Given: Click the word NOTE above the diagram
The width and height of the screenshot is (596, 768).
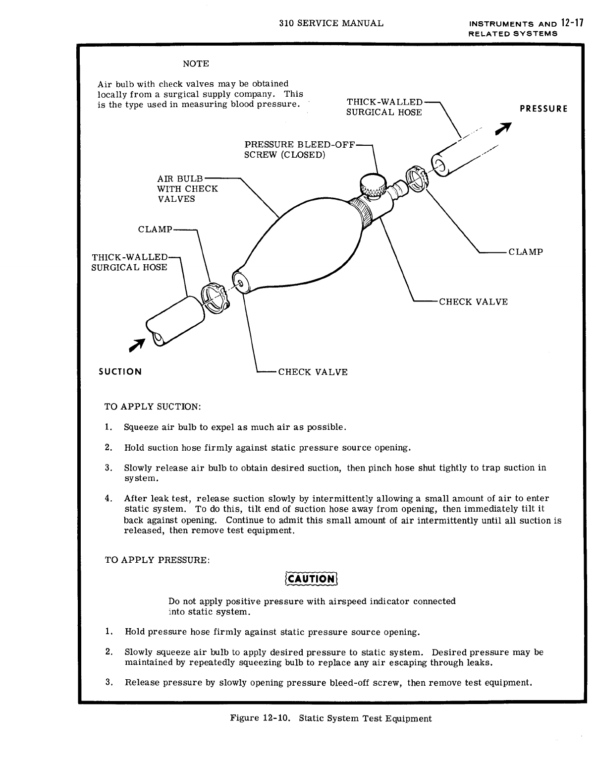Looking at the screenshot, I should click(x=196, y=64).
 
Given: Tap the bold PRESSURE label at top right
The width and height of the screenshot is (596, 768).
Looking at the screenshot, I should click(x=543, y=109).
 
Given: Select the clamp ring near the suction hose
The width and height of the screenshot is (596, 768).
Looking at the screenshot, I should click(x=214, y=297).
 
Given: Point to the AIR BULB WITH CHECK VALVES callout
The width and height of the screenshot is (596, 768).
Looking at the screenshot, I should click(x=187, y=188).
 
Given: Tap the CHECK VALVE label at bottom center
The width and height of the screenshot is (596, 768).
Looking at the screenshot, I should click(x=313, y=372).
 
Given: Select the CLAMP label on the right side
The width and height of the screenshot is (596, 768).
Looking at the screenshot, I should click(x=526, y=251).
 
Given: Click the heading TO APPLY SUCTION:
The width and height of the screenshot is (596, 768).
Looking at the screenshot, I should click(x=153, y=407).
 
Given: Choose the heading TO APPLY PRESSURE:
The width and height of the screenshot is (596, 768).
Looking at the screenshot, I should click(x=158, y=560).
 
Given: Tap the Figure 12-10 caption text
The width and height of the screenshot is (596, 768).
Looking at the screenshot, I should click(x=331, y=718).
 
